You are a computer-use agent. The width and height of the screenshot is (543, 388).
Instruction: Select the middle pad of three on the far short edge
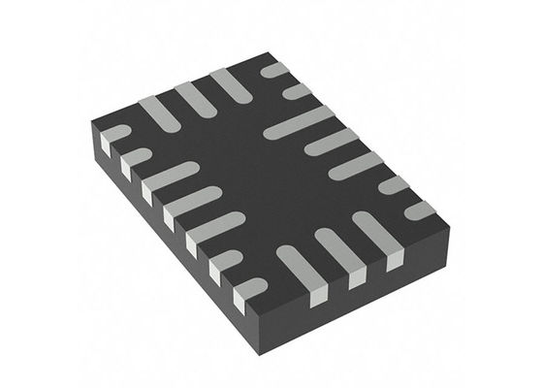[x=194, y=97]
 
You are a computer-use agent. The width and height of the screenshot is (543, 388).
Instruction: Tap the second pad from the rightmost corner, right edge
[x=394, y=185]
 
